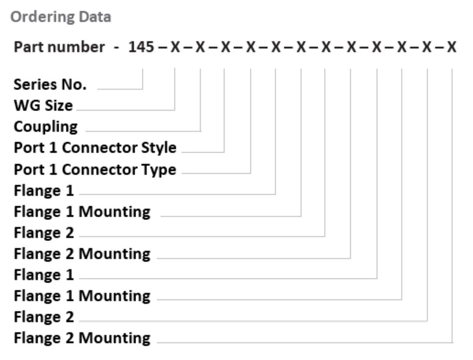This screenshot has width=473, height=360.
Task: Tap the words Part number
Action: coord(59,48)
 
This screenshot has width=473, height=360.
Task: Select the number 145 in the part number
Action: coord(141,48)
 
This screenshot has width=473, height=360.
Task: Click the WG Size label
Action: coord(43,106)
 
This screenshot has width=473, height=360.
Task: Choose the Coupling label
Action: coord(46,127)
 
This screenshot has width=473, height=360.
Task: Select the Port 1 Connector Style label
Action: coord(95,148)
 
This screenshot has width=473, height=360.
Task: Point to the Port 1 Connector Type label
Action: coord(95,169)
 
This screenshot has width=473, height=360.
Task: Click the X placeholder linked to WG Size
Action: coord(175,48)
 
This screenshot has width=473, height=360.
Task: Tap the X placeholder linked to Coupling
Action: coord(200,48)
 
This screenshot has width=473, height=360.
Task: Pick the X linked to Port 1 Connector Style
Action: coord(225,48)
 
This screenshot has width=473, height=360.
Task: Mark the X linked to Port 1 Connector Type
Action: coord(250,48)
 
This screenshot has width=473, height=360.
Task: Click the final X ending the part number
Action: coord(452,48)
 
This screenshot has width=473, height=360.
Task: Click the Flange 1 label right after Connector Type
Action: coord(43,190)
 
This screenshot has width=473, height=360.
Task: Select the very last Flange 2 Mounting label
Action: coord(82,337)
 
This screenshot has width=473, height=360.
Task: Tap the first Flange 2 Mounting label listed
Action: coord(82,253)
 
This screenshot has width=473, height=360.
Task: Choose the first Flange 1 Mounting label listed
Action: coord(82,212)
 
